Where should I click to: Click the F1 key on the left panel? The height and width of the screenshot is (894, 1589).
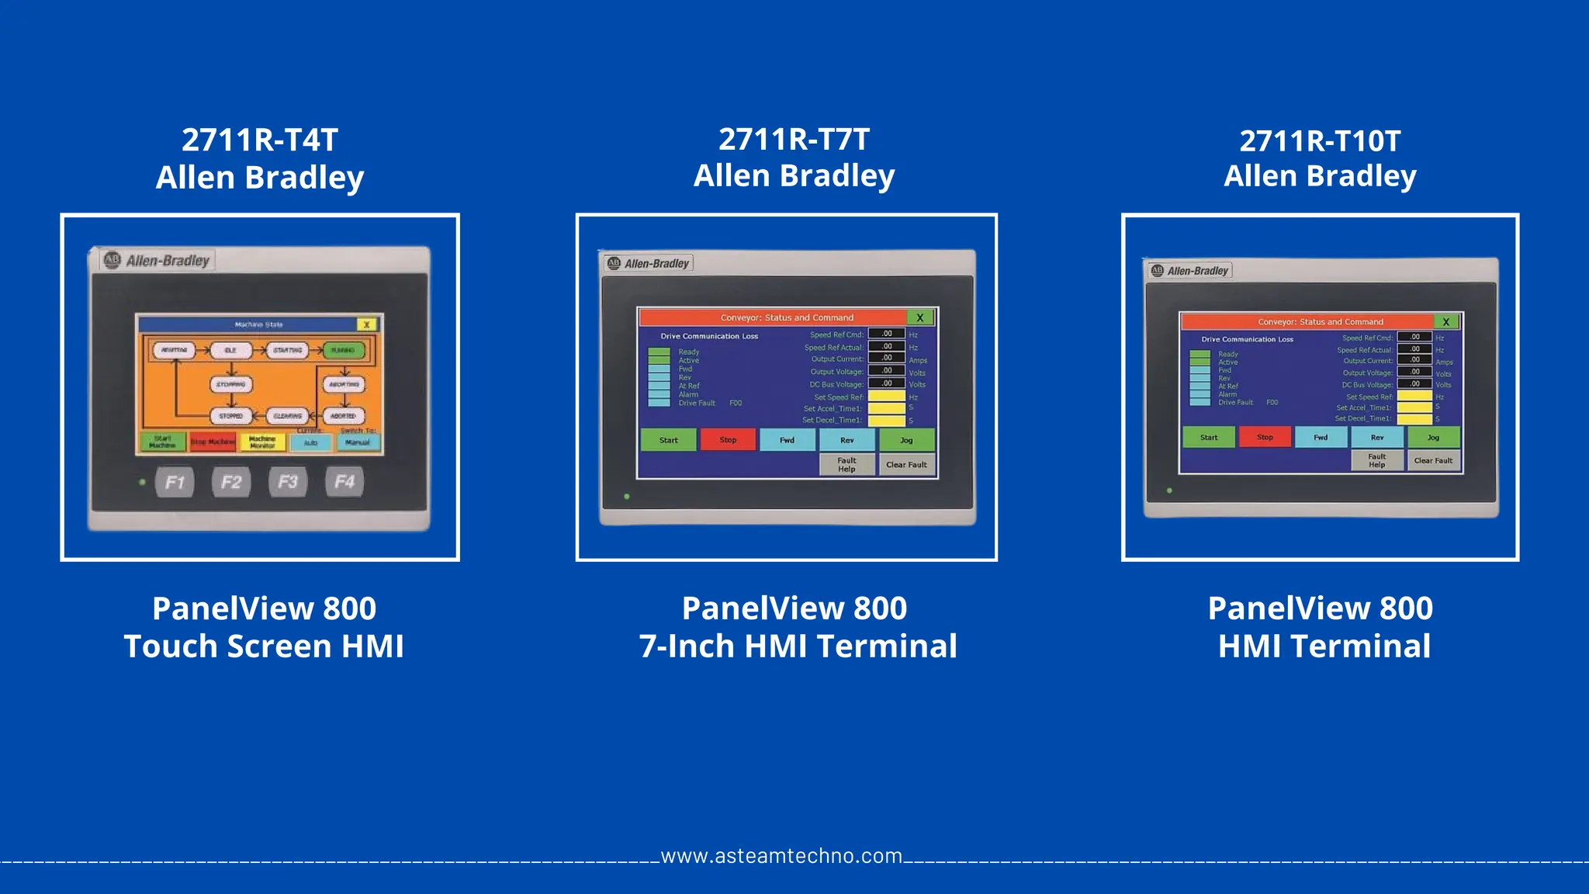175,482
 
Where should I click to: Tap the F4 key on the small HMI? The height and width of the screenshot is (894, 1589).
344,482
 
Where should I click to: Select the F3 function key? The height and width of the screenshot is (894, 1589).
288,482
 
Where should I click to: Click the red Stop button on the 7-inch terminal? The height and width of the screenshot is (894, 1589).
728,440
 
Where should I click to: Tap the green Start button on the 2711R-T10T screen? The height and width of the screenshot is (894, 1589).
1209,438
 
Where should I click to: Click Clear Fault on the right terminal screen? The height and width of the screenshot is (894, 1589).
1433,461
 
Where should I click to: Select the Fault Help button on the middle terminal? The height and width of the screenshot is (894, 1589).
846,465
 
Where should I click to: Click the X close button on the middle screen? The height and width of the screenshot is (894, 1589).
920,317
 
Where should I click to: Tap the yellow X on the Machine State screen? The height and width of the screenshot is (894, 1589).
366,324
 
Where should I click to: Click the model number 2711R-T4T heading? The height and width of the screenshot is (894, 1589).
260,140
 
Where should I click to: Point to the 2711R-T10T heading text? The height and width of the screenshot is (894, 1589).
1320,141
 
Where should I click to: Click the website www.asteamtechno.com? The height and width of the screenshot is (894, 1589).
781,856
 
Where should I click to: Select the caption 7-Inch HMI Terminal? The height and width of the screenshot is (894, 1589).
798,646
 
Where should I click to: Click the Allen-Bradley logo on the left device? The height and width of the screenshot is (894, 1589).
158,260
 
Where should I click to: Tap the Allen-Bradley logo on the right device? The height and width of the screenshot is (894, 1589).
1190,271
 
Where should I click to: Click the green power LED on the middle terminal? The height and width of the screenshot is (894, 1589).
627,497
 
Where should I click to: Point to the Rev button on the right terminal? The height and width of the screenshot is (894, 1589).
1377,438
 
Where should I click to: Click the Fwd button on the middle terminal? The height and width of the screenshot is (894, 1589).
787,440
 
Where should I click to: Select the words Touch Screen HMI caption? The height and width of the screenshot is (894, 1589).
264,646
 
